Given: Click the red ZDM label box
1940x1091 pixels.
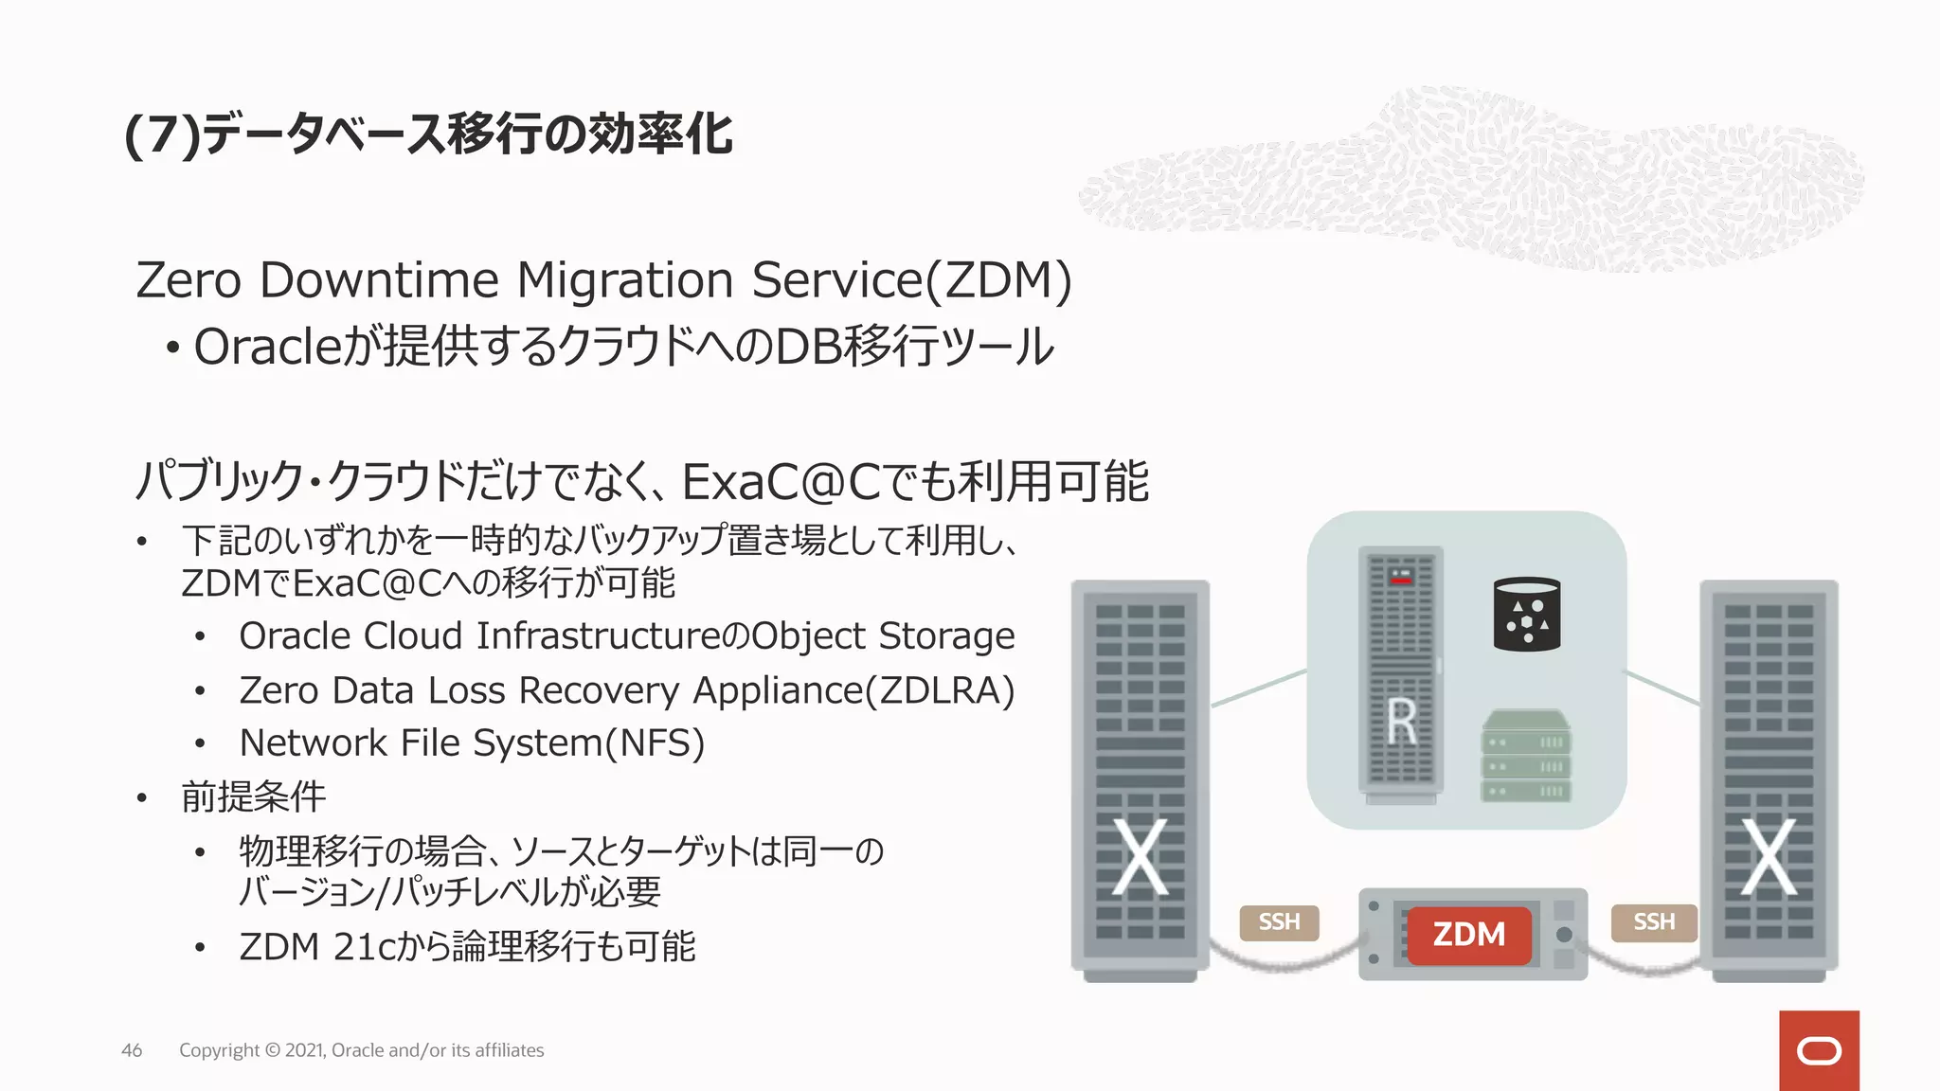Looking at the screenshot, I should click(x=1468, y=935).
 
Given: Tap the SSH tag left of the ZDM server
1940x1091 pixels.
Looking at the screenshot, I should click(x=1279, y=921).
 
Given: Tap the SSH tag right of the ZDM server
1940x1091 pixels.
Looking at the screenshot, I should click(x=1653, y=921).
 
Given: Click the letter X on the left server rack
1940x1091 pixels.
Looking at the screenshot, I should click(x=1139, y=857).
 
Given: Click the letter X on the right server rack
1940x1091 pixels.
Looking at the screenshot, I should click(x=1769, y=857).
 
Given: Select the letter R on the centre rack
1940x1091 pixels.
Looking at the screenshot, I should click(x=1401, y=723).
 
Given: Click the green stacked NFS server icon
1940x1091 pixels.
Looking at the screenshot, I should click(x=1525, y=757).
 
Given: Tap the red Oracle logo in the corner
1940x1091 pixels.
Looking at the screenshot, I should click(x=1818, y=1050).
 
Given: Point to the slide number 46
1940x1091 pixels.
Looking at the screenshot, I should click(x=132, y=1050).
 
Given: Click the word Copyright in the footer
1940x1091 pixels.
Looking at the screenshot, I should click(x=219, y=1050).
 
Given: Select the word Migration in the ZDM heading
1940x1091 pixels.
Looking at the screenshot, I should click(x=624, y=280).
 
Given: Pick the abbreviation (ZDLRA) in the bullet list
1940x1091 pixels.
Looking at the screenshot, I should click(x=940, y=690).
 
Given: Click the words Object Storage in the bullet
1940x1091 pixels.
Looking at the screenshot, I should click(x=883, y=636).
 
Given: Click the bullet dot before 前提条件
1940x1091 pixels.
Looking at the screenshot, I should click(x=142, y=798).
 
